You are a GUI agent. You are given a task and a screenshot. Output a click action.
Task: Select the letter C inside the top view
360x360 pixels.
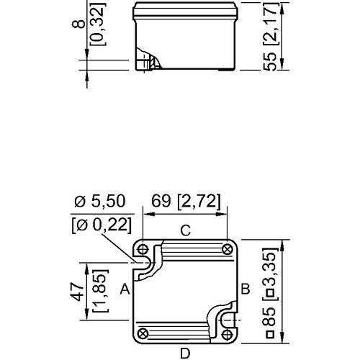pyautogui.click(x=184, y=231)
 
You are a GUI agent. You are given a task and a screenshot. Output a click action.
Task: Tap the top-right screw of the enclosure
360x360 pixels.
pyautogui.click(x=227, y=249)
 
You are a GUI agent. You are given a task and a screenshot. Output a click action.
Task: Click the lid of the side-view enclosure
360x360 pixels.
pyautogui.click(x=184, y=10)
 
